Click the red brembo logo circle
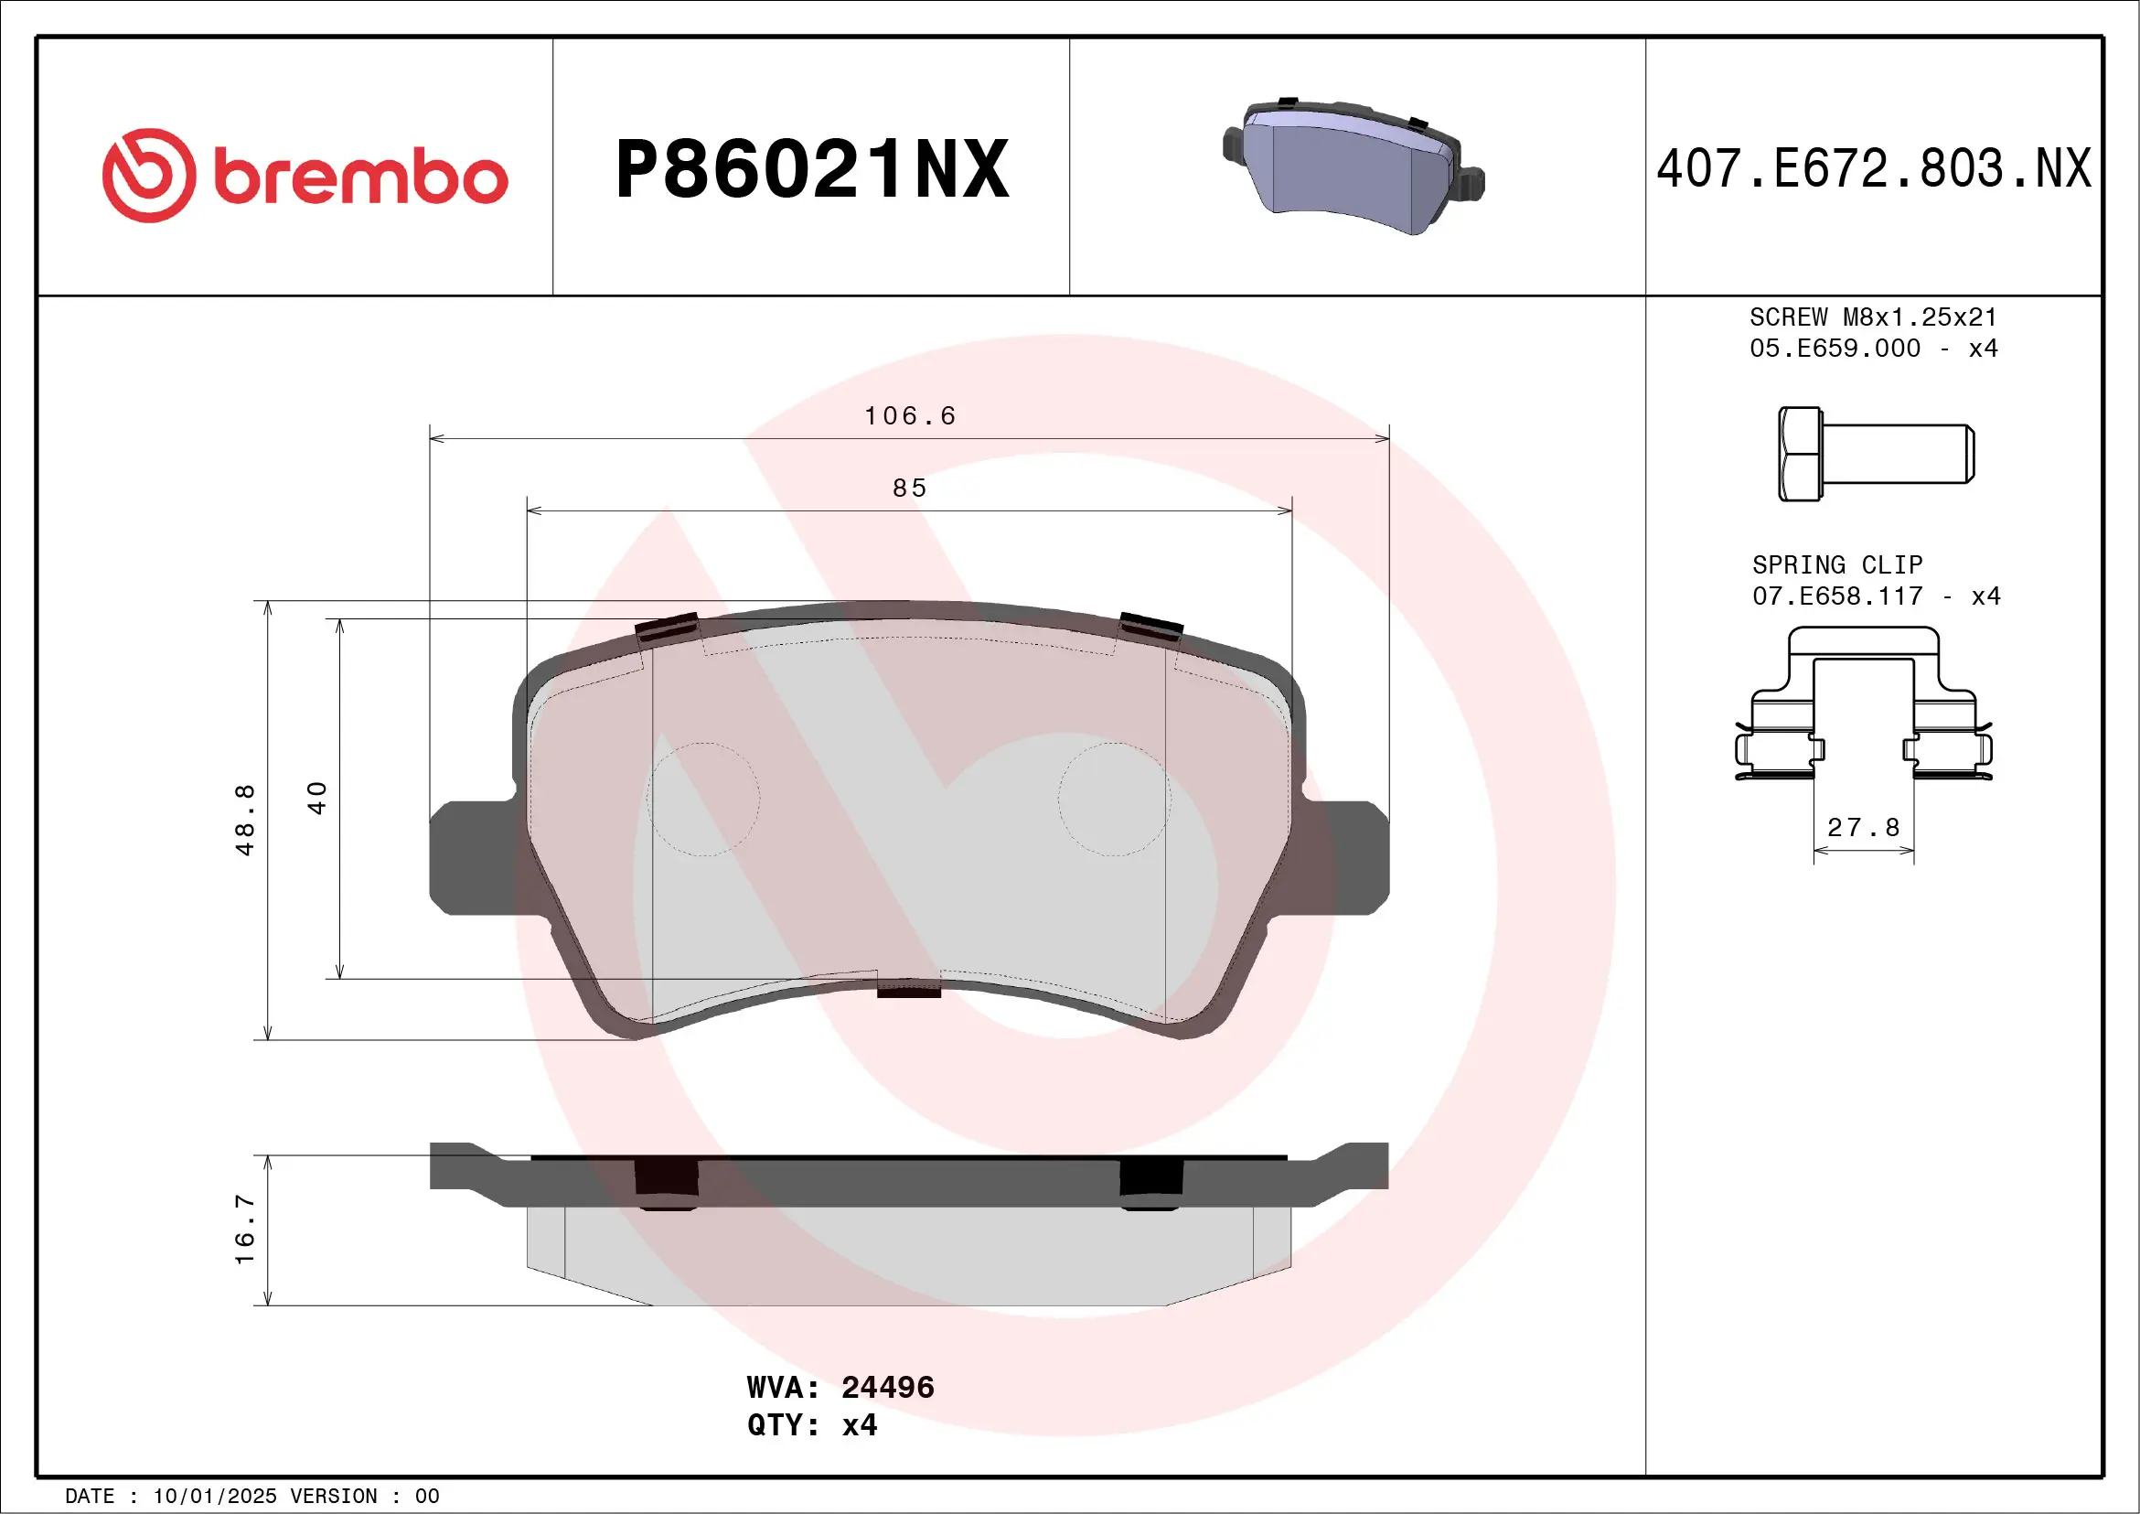[x=149, y=176]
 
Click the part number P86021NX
[x=812, y=169]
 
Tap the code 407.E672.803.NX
[x=1874, y=169]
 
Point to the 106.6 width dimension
[x=910, y=416]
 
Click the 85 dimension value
[x=910, y=489]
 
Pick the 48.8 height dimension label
[x=245, y=820]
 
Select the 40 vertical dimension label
[x=318, y=798]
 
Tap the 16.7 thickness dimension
[x=245, y=1229]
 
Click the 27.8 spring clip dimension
[x=1863, y=828]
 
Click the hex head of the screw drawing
[x=1800, y=454]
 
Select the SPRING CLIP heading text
[x=1837, y=565]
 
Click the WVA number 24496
[x=886, y=1387]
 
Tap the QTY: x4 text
[x=812, y=1425]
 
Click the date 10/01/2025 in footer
[x=214, y=1497]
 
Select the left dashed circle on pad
[x=703, y=799]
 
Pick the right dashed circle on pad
[x=1115, y=799]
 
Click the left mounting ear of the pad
[x=471, y=858]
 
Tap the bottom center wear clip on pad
[x=909, y=988]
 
